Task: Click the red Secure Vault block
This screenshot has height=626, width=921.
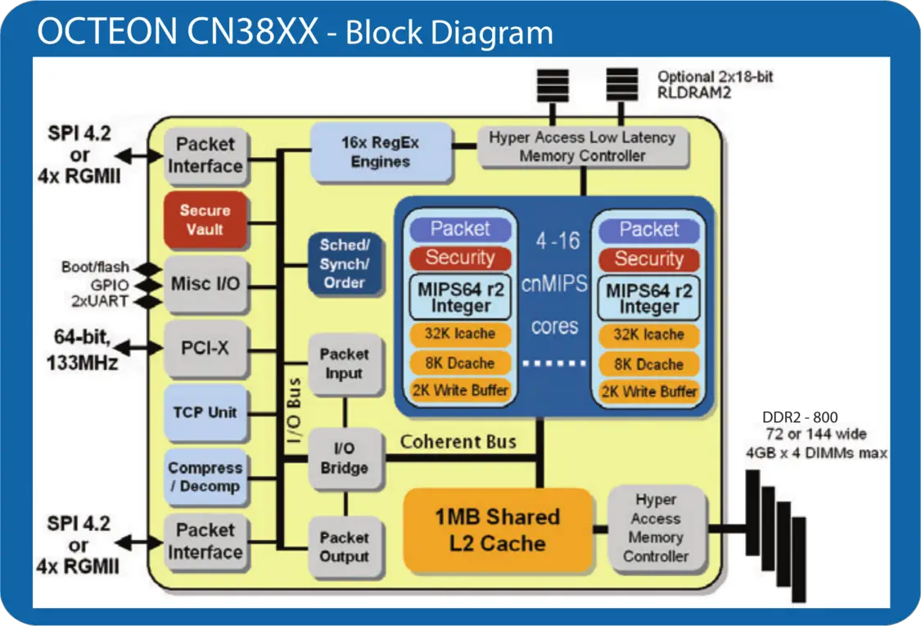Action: click(205, 220)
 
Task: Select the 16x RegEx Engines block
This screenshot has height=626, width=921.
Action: click(381, 152)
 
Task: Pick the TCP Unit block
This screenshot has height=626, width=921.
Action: click(205, 412)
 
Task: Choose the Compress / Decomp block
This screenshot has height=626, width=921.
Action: click(205, 477)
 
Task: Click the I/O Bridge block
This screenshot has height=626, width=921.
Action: click(345, 459)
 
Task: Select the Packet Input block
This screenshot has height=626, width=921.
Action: click(345, 364)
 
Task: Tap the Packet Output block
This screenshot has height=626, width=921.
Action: click(345, 547)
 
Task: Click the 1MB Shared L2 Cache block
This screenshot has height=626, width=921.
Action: click(498, 529)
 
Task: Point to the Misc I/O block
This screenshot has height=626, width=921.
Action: click(205, 285)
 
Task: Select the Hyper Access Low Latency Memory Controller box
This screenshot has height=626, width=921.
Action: click(582, 146)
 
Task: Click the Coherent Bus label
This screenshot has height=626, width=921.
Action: click(458, 442)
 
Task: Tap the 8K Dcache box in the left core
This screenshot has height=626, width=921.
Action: click(461, 363)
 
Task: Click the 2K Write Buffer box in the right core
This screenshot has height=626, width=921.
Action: click(649, 391)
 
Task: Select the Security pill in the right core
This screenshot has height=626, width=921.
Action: click(649, 259)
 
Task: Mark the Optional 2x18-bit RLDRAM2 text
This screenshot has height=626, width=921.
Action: click(716, 85)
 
